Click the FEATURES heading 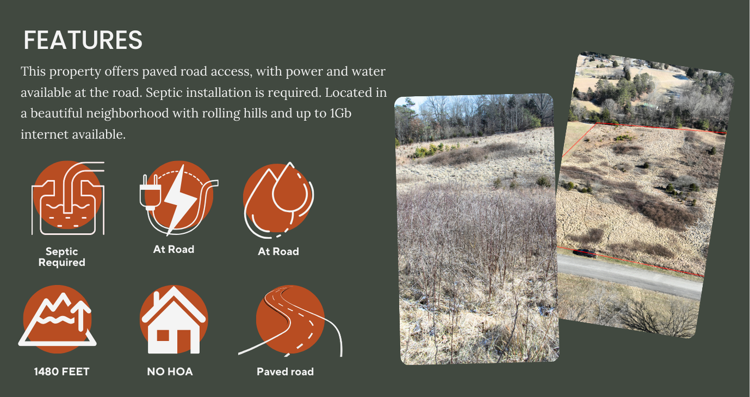83,40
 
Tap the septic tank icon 68,198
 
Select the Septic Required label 61,257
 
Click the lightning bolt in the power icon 181,200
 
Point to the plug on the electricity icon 148,193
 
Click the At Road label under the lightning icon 173,249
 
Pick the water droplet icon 278,200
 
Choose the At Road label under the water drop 278,251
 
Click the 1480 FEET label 61,372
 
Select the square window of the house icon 163,336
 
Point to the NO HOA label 170,372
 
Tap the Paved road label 285,372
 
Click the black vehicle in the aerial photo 585,253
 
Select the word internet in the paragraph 44,134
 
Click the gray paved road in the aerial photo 629,277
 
